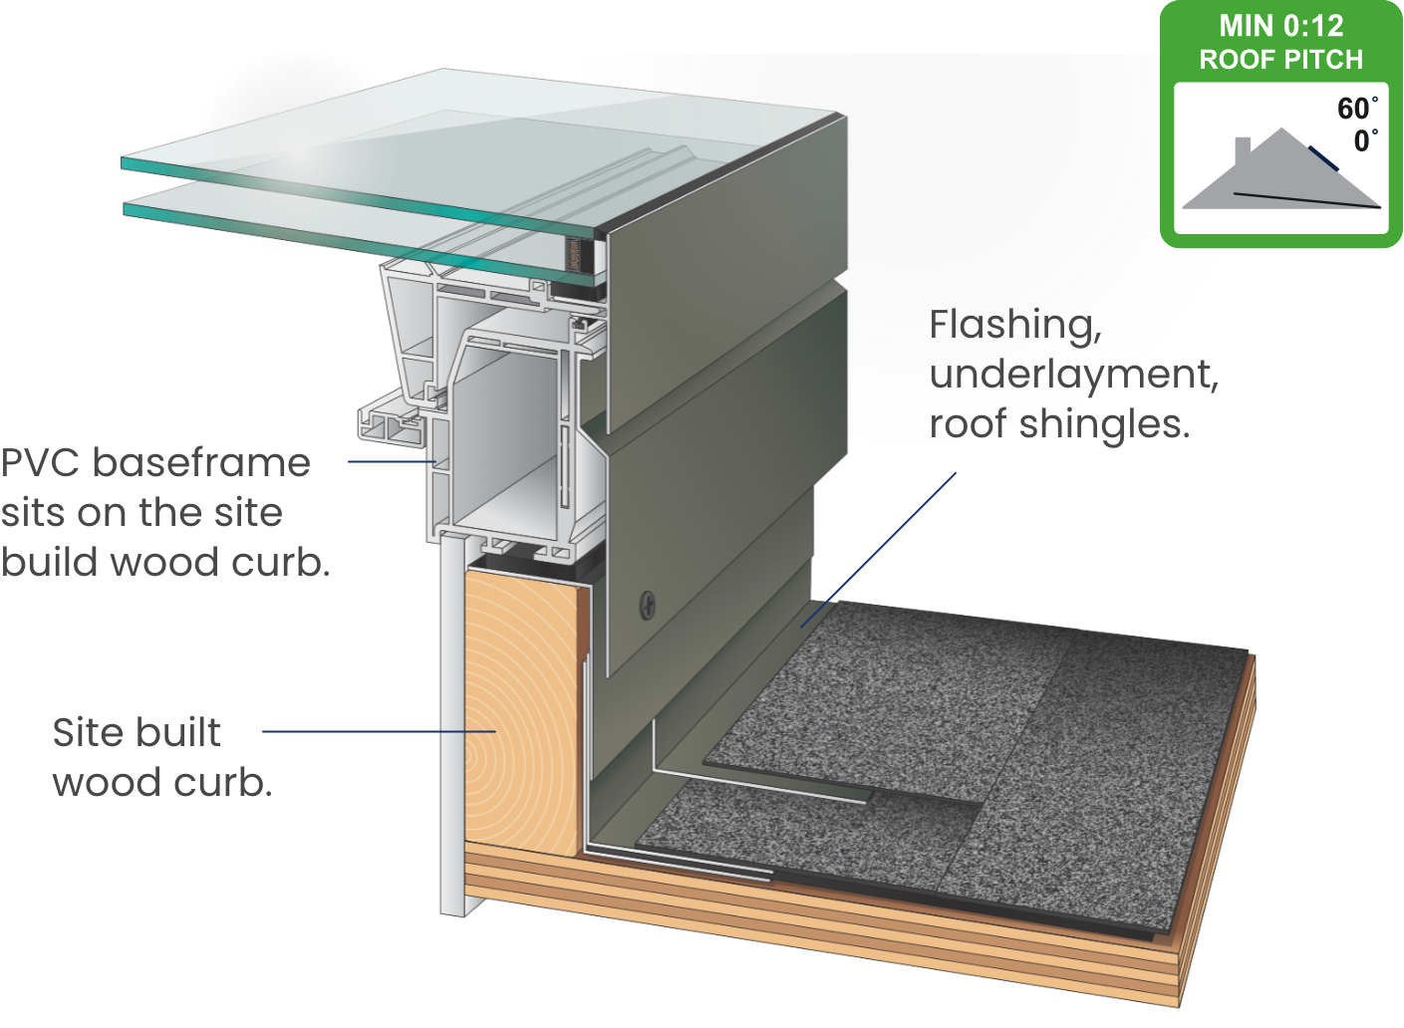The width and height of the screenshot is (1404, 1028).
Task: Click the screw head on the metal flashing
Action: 649,604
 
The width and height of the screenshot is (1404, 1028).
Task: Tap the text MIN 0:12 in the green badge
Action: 1280,26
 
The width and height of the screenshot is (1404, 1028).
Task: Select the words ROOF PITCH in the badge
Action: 1280,60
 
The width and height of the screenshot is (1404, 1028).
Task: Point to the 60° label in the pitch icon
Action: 1356,109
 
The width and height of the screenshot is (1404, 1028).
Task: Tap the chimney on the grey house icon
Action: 1243,151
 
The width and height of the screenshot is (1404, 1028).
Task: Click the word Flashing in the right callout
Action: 1014,325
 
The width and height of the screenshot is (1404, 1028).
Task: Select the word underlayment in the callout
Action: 1073,375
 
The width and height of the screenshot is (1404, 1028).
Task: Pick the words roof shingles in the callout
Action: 1059,424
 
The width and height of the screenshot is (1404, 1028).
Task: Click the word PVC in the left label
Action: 41,463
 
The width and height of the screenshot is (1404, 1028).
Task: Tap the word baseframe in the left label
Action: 201,463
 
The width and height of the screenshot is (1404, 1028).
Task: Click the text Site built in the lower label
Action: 137,733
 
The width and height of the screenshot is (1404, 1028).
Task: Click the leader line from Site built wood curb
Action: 379,731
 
